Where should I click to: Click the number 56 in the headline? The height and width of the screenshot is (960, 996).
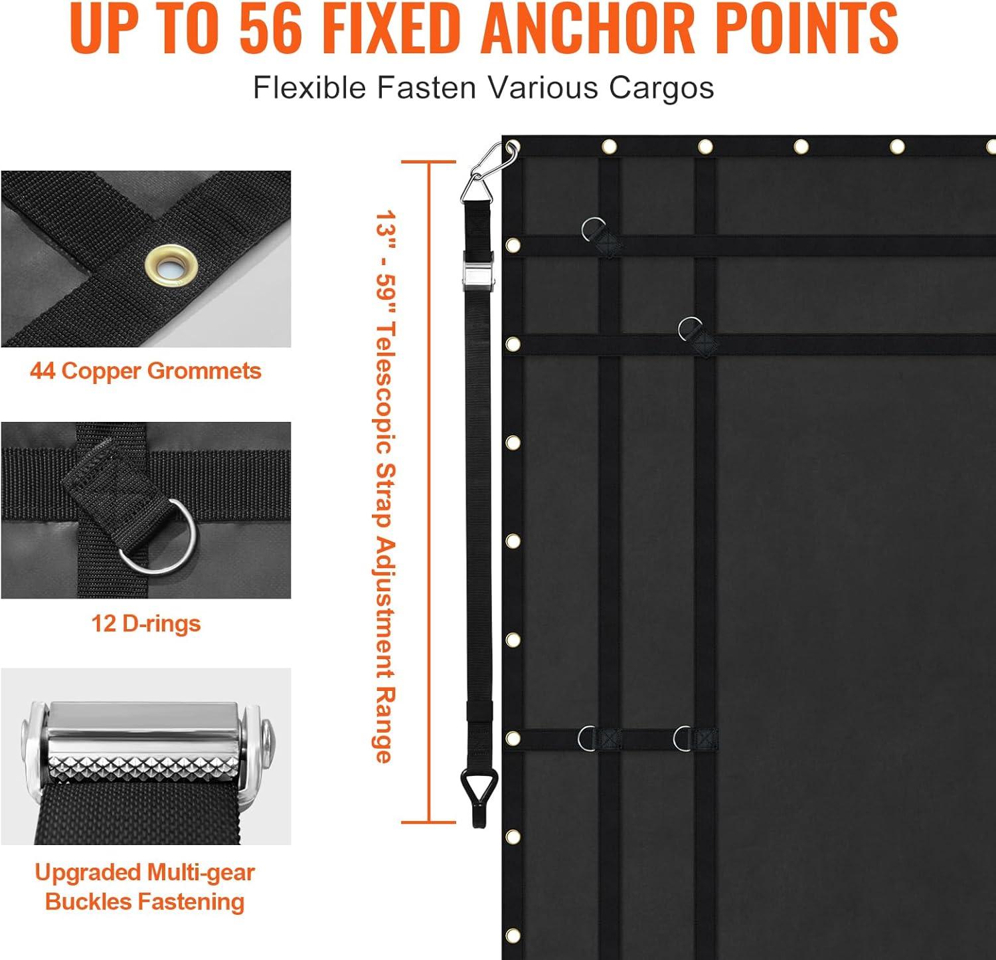pyautogui.click(x=270, y=28)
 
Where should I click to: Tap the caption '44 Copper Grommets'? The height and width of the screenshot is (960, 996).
pyautogui.click(x=145, y=371)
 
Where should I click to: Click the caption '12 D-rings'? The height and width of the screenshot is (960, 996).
pyautogui.click(x=146, y=623)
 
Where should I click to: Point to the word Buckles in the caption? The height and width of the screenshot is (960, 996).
pyautogui.click(x=79, y=902)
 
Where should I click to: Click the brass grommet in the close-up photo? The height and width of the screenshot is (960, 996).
pyautogui.click(x=171, y=266)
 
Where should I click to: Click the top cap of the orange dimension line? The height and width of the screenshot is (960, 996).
pyautogui.click(x=429, y=161)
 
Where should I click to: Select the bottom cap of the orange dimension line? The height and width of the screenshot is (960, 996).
pyautogui.click(x=429, y=822)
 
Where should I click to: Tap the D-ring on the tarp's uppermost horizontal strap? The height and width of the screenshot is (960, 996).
pyautogui.click(x=593, y=230)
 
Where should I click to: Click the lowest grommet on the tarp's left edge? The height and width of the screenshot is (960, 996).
pyautogui.click(x=513, y=935)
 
